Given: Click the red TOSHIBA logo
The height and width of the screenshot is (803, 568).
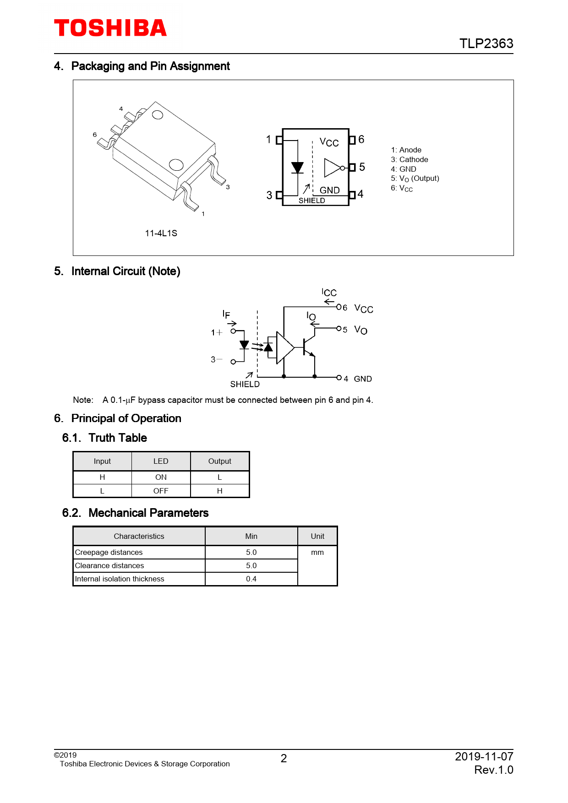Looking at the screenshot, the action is [x=110, y=28].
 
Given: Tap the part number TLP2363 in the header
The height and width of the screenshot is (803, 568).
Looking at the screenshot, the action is [x=486, y=43].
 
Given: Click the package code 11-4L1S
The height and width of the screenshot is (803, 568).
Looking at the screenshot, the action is [x=161, y=233].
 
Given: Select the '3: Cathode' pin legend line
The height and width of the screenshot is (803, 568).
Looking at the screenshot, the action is [x=410, y=159].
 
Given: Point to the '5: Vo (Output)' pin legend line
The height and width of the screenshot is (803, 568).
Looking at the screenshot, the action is [x=415, y=179].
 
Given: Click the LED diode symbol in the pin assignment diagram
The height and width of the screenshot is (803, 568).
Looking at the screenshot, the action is [x=297, y=168].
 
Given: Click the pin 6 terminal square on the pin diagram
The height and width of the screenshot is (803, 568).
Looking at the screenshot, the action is [x=352, y=140].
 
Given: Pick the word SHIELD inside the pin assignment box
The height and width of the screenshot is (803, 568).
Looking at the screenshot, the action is [x=311, y=201].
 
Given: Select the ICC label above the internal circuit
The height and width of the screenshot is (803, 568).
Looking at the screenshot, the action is [x=329, y=293].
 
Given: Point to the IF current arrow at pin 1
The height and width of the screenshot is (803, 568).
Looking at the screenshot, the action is [x=232, y=324].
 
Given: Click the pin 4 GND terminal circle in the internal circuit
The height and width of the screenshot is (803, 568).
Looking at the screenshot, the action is [x=339, y=377].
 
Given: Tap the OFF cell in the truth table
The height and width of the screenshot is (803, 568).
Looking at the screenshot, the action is [x=161, y=491].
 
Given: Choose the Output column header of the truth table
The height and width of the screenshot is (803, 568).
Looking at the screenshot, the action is [x=220, y=461].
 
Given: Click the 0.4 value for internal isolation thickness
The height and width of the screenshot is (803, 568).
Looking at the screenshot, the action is [x=251, y=579].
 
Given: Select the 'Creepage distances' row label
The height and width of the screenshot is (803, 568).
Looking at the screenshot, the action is [x=109, y=552].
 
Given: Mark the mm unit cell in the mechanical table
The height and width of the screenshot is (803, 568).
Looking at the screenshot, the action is [x=317, y=553].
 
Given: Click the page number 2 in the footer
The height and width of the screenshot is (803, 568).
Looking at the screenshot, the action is [x=284, y=759].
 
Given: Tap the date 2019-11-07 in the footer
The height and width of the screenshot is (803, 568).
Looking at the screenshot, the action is [x=484, y=756].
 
